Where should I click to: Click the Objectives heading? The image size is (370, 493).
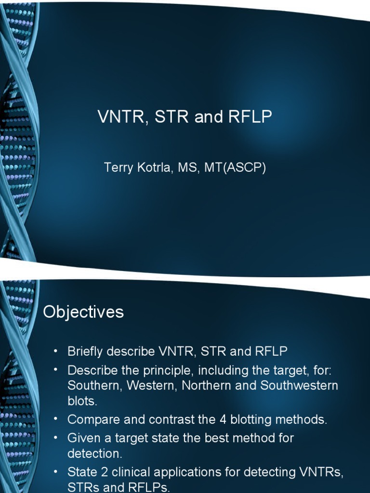coord(83,312)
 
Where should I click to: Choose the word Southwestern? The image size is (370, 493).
coord(299,386)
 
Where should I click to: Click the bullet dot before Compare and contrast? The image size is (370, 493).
coord(56,419)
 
